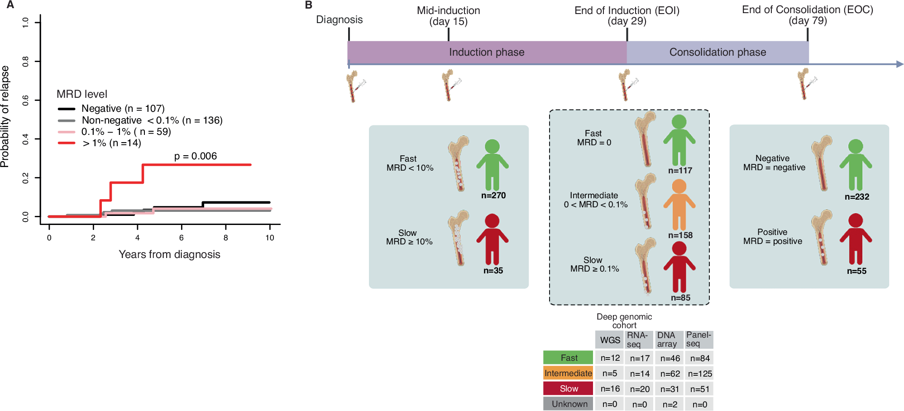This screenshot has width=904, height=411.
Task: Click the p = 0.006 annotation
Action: point(195,156)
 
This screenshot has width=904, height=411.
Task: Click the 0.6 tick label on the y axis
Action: point(25,100)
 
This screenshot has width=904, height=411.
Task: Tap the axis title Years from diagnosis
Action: point(169,254)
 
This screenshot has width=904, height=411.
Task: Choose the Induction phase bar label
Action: point(487,53)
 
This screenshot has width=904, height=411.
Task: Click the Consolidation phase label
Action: point(717,53)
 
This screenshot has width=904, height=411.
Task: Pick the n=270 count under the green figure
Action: point(493,196)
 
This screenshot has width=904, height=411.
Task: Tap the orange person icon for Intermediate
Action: point(679,205)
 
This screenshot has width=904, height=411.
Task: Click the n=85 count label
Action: point(680,298)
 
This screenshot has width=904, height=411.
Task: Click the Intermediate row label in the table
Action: point(568,373)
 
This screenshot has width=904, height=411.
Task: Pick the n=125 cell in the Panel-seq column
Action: point(700,374)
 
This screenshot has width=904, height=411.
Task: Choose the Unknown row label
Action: point(569,404)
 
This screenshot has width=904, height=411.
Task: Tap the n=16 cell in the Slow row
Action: point(610,389)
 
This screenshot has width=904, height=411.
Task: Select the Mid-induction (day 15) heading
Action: point(448,16)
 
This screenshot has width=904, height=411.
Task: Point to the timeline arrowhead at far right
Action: point(899,64)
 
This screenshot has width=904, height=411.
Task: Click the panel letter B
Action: point(309,5)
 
